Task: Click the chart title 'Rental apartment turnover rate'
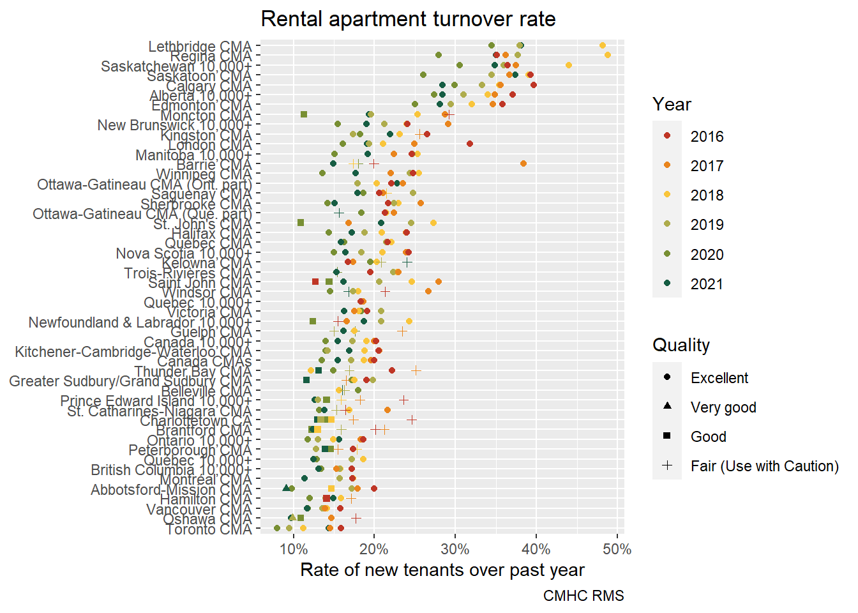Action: point(408,19)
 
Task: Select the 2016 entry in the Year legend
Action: point(707,137)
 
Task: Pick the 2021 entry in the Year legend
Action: point(707,284)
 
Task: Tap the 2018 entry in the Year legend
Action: point(707,195)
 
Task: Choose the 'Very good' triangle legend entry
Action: point(723,407)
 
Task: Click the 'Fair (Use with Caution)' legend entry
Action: point(764,466)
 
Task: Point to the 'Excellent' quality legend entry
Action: point(719,378)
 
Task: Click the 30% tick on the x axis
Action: point(455,549)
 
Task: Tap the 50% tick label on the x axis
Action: point(617,549)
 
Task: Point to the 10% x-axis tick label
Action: point(293,549)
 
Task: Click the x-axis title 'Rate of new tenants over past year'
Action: point(442,570)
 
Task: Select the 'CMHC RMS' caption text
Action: point(583,596)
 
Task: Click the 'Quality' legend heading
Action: point(681,345)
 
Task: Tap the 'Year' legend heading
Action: point(672,105)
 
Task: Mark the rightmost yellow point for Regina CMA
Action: point(608,55)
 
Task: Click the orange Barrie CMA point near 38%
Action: point(523,163)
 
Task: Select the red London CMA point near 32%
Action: point(470,144)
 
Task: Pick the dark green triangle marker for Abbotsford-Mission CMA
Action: point(286,488)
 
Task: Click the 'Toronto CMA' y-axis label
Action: point(209,529)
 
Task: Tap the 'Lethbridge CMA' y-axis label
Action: point(200,47)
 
